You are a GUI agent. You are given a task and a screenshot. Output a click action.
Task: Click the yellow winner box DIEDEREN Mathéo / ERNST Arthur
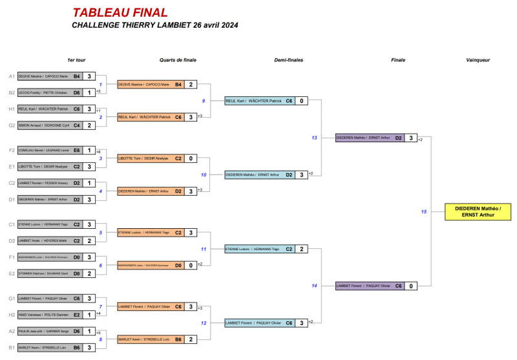click(478, 211)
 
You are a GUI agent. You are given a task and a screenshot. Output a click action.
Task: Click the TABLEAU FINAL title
click(120, 13)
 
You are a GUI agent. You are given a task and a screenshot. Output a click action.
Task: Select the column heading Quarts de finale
click(178, 60)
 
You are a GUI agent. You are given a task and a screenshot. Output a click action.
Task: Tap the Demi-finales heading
click(288, 60)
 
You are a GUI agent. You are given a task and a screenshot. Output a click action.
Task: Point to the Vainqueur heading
click(478, 60)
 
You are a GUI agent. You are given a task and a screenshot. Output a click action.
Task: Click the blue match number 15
click(424, 211)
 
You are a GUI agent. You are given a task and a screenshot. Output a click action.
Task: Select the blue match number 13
click(314, 138)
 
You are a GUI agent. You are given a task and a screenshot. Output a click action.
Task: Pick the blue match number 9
click(203, 101)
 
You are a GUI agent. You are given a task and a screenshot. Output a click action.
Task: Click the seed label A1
click(11, 76)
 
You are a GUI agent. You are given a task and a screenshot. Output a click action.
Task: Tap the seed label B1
click(11, 348)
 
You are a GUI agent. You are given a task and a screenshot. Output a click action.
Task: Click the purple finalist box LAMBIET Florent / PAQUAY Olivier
click(369, 286)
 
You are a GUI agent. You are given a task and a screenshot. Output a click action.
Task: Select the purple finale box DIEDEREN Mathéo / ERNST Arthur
click(369, 138)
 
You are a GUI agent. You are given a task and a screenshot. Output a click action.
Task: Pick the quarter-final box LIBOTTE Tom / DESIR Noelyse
click(147, 158)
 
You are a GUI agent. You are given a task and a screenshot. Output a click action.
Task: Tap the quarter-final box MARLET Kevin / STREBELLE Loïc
click(147, 339)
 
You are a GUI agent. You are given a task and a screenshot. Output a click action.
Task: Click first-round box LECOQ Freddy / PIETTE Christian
click(49, 92)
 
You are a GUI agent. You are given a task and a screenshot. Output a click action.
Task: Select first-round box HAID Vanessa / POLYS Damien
click(49, 315)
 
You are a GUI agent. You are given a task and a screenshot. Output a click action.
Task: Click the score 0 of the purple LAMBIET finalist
click(411, 286)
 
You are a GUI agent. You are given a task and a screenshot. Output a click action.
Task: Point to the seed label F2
click(11, 150)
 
